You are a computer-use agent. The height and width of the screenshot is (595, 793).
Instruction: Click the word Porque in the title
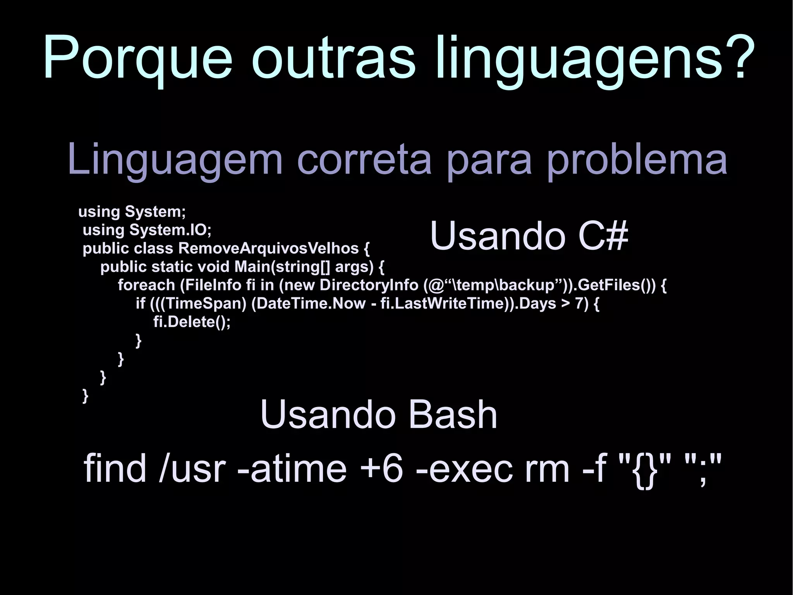point(138,58)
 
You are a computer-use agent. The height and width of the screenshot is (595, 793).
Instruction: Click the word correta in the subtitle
point(364,159)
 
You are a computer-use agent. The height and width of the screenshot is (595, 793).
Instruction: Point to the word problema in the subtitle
point(637,159)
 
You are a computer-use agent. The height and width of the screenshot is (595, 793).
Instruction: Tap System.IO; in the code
point(170,230)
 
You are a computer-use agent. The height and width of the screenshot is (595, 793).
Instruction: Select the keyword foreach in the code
point(146,285)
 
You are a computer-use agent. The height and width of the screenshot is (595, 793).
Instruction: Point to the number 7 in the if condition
point(579,304)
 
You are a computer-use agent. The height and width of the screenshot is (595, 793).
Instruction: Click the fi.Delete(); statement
point(192,322)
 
